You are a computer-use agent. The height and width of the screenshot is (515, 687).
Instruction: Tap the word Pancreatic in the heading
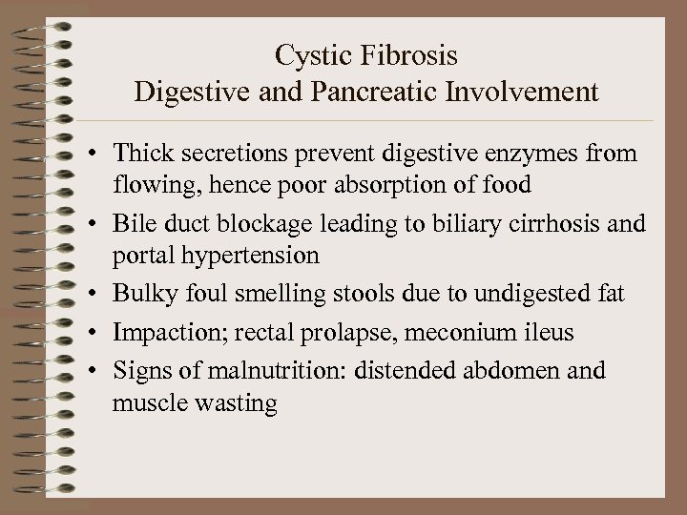point(405,93)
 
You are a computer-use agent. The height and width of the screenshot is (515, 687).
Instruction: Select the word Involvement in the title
point(534,93)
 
